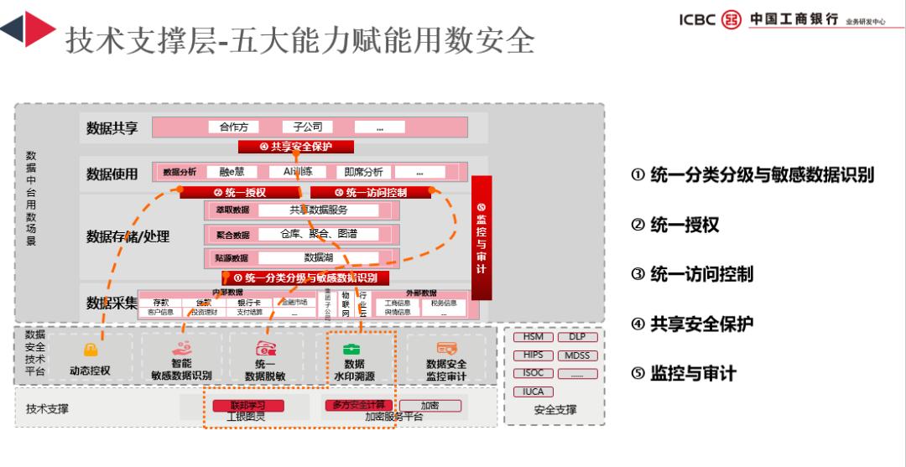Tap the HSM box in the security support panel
point(533,337)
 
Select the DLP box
point(577,337)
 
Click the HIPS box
point(533,355)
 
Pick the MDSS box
point(577,355)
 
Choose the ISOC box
point(533,374)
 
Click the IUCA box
point(533,392)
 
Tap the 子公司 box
point(308,127)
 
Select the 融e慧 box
point(232,173)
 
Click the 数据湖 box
point(319,258)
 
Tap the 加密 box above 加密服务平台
point(430,406)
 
